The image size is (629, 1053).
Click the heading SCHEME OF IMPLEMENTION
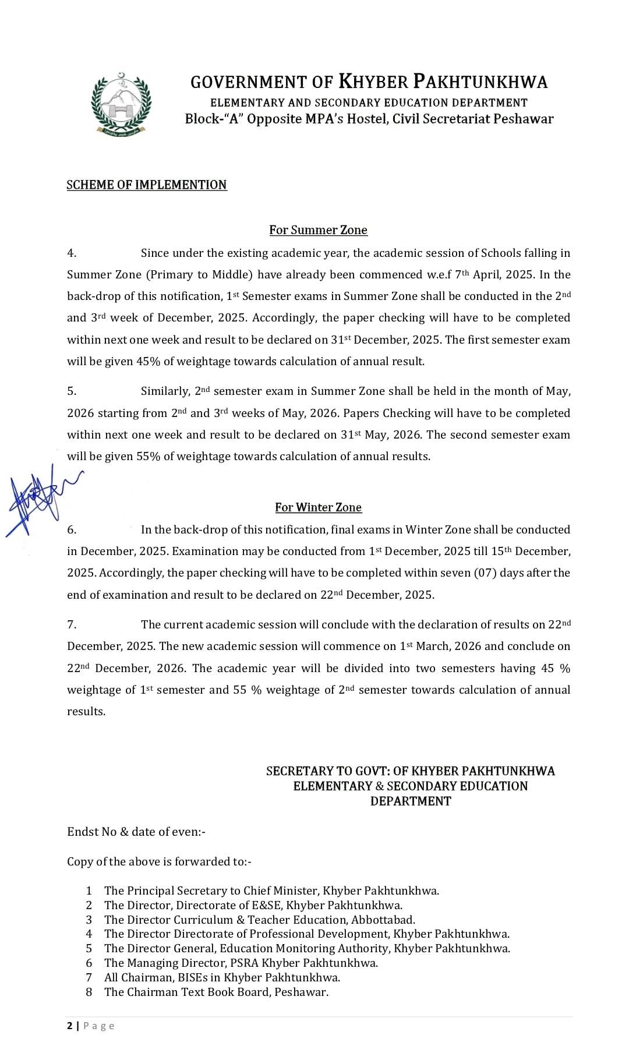[147, 185]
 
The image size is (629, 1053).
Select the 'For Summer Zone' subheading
[318, 230]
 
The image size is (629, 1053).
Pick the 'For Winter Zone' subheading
[318, 507]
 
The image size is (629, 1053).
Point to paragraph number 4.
[72, 253]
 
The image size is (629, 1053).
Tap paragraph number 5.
[72, 391]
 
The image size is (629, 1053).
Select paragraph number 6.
[72, 529]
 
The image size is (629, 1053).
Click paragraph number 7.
[72, 624]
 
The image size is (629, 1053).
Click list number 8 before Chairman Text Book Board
[89, 992]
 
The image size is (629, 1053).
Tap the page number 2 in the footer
[70, 1026]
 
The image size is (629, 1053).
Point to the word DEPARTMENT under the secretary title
[411, 801]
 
